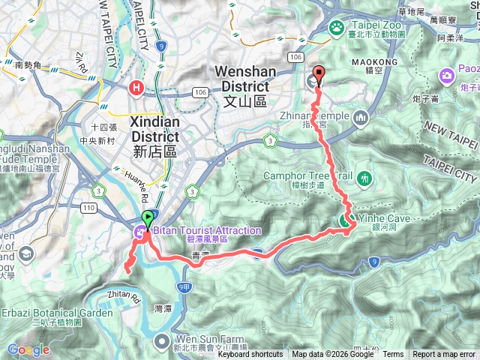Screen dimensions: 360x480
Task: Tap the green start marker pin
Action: click(147, 219)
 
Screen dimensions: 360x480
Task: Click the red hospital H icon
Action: click(136, 88)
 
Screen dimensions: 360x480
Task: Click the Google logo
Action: click(28, 349)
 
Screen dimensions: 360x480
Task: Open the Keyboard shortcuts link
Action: click(250, 355)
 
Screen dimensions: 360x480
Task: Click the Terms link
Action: click(393, 355)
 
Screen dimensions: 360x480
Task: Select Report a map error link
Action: click(445, 355)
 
